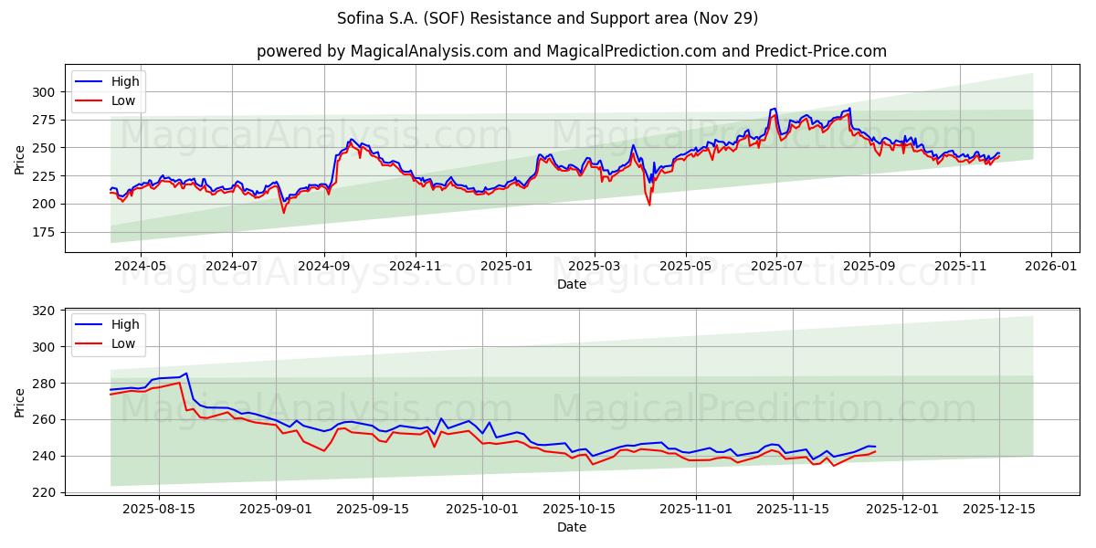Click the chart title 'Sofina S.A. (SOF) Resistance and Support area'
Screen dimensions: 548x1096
(547, 18)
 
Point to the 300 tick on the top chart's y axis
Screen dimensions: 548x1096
(44, 91)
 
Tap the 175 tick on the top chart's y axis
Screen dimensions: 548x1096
(44, 232)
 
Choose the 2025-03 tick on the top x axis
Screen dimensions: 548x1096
(595, 267)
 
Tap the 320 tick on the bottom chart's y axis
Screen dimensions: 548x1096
(44, 311)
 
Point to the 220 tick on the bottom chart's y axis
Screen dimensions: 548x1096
(44, 492)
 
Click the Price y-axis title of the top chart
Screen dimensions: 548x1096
(19, 158)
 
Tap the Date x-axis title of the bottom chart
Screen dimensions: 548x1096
(571, 527)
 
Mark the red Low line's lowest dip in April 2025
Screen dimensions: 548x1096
(649, 205)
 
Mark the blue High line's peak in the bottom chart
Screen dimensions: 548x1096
(186, 373)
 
